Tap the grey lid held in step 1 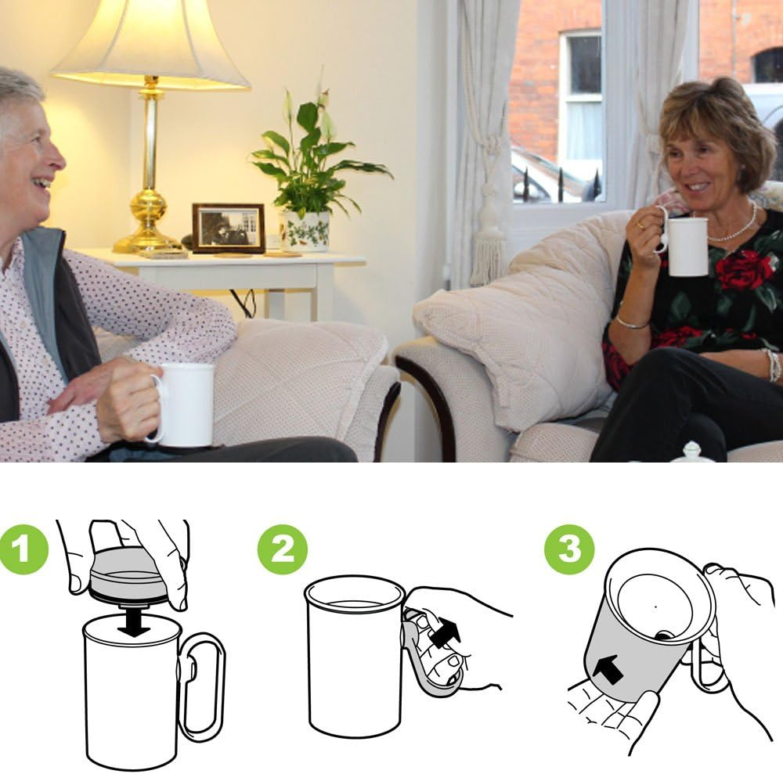[x=127, y=575]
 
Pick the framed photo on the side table [x=229, y=228]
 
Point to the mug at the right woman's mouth [x=687, y=246]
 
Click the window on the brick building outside [x=580, y=94]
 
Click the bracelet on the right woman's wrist [x=630, y=322]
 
